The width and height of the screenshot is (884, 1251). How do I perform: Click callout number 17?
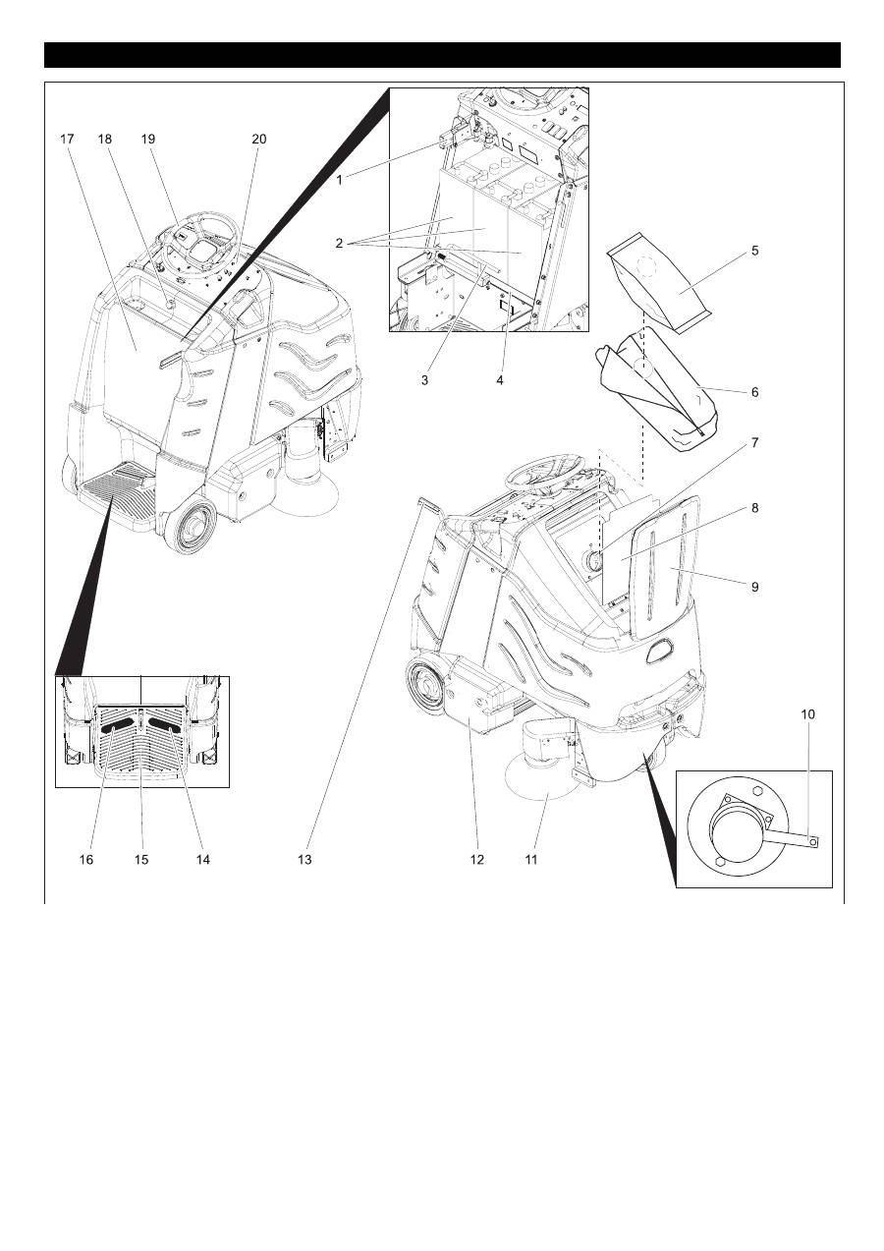pyautogui.click(x=67, y=140)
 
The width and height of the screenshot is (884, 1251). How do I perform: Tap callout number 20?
pyautogui.click(x=258, y=140)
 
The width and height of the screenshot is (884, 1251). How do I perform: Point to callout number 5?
pyautogui.click(x=754, y=251)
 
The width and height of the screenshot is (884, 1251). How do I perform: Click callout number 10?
pyautogui.click(x=807, y=714)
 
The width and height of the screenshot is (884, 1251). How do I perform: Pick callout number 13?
pyautogui.click(x=304, y=859)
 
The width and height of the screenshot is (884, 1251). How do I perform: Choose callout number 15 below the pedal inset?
pyautogui.click(x=141, y=859)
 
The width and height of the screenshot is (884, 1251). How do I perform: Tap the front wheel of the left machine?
pyautogui.click(x=191, y=528)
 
